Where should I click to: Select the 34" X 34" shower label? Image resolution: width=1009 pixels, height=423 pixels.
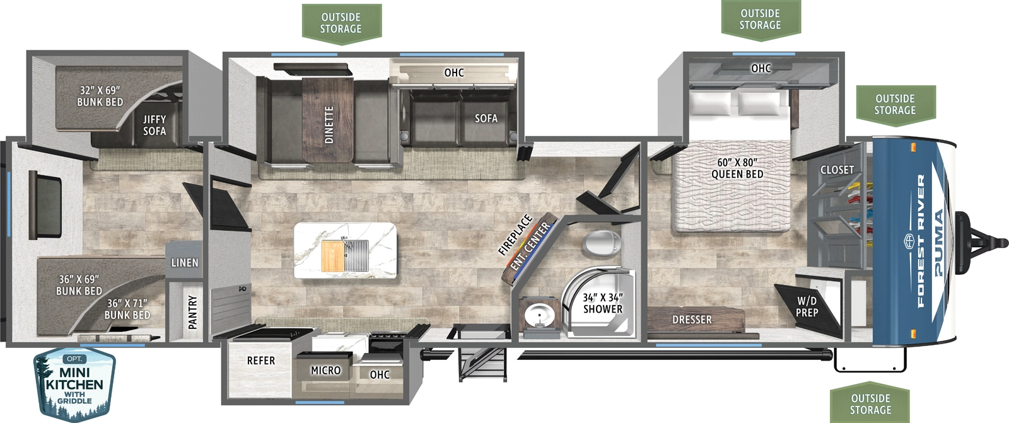pyautogui.click(x=602, y=303)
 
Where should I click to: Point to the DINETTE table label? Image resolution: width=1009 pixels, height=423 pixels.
pyautogui.click(x=329, y=125)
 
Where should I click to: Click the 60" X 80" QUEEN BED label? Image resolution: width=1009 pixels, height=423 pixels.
pyautogui.click(x=737, y=168)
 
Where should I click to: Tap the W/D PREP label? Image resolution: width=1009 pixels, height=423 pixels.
pyautogui.click(x=807, y=307)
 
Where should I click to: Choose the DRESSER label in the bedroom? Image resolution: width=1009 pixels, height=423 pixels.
pyautogui.click(x=692, y=320)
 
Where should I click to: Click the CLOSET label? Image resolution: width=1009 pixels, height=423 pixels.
pyautogui.click(x=837, y=170)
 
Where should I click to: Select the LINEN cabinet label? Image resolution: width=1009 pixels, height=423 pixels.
pyautogui.click(x=184, y=262)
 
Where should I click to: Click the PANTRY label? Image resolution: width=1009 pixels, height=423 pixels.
pyautogui.click(x=192, y=312)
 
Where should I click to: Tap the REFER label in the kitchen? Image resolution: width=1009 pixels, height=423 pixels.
pyautogui.click(x=260, y=361)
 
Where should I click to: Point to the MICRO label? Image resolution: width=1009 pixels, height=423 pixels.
pyautogui.click(x=325, y=371)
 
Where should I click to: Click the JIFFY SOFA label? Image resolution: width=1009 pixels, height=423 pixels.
pyautogui.click(x=154, y=125)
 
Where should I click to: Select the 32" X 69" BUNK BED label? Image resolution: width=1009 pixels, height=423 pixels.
pyautogui.click(x=100, y=96)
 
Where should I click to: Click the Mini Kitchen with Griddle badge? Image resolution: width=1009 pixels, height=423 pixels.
pyautogui.click(x=74, y=384)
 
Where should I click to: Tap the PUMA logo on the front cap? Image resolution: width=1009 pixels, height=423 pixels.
pyautogui.click(x=939, y=243)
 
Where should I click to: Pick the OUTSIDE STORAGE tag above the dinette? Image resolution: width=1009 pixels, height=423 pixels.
pyautogui.click(x=341, y=23)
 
